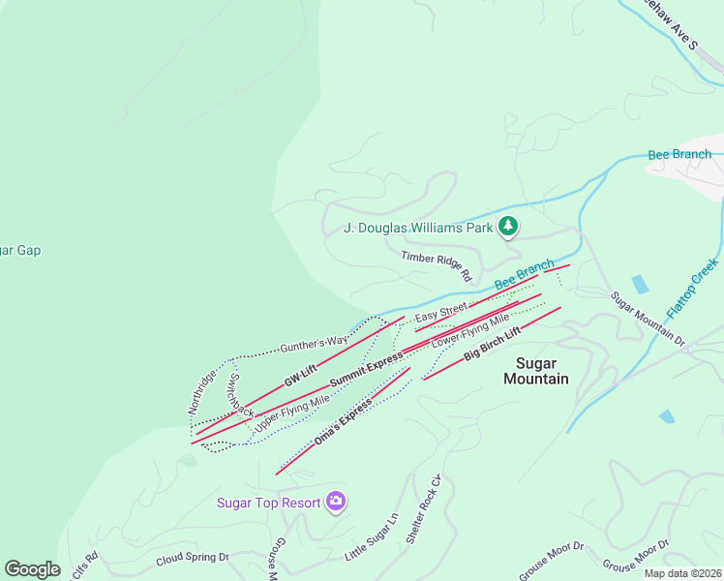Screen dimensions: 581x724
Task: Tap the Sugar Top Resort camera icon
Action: click(x=336, y=501)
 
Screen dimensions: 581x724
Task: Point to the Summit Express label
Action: click(x=366, y=371)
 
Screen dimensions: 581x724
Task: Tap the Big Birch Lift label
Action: click(x=492, y=344)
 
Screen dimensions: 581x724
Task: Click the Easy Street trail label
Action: click(x=441, y=312)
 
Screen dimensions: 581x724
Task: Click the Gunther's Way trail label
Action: click(x=314, y=343)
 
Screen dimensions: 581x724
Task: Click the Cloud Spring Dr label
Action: click(x=193, y=558)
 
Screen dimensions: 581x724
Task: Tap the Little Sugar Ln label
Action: click(x=372, y=538)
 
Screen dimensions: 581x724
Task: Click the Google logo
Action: click(x=32, y=569)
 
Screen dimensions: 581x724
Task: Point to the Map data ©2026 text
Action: click(x=683, y=573)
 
